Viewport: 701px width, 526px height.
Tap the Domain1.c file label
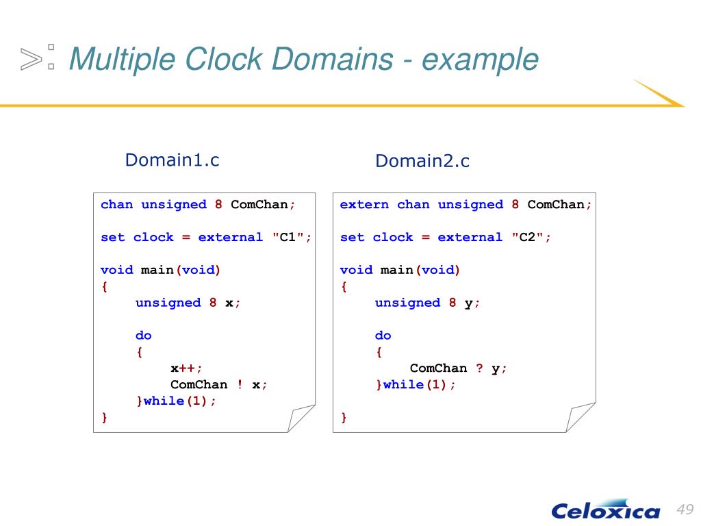172,160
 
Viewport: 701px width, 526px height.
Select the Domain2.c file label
422,162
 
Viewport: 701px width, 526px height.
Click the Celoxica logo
605,510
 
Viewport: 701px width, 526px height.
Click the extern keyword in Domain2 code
364,204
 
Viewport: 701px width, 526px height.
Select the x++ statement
186,368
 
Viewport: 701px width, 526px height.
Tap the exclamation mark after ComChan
240,384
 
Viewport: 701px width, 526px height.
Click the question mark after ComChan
479,368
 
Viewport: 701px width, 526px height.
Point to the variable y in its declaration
469,302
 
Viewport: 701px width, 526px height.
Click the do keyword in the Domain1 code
144,335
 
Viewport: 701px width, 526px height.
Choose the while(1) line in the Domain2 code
416,384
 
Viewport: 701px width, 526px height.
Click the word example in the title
480,60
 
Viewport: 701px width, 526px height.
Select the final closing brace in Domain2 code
344,417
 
